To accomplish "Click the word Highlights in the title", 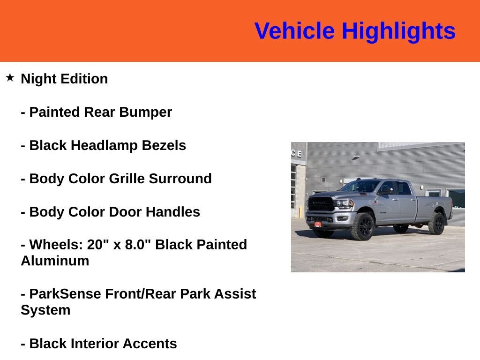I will (x=398, y=31).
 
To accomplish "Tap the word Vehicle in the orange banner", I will (x=294, y=31).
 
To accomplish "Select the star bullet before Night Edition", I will (x=10, y=77).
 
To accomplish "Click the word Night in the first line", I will (x=38, y=79).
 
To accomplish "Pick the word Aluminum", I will (x=55, y=261).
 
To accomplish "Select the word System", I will (x=45, y=310).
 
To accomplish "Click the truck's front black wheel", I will (x=363, y=227).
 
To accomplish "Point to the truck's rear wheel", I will (x=436, y=224).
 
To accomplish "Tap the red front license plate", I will (x=317, y=224).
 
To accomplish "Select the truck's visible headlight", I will (x=345, y=204).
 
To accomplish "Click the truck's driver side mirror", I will (x=385, y=191).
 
